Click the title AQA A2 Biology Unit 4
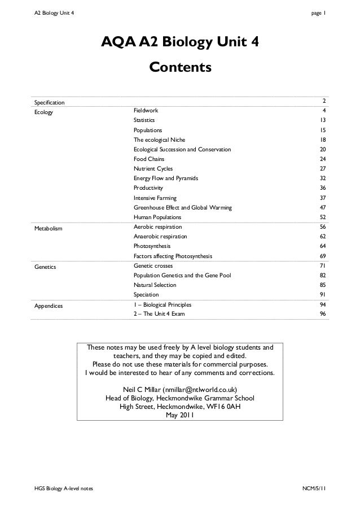[180, 43]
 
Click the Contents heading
[180, 68]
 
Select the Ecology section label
[43, 112]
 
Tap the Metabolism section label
[49, 228]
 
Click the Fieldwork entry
[146, 111]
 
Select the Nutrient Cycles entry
[153, 169]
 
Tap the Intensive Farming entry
[155, 198]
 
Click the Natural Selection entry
[155, 285]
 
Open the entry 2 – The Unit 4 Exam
[159, 314]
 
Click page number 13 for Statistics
[322, 121]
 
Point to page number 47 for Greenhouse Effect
[322, 208]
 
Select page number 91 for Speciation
[322, 294]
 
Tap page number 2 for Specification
[324, 101]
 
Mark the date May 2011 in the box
[179, 416]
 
